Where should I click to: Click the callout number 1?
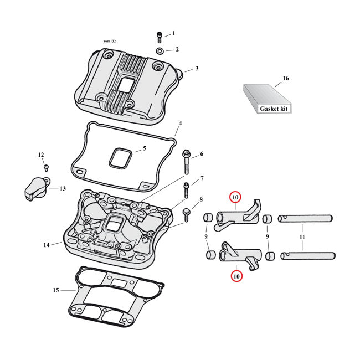coord(173,33)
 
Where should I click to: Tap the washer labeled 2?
coord(160,51)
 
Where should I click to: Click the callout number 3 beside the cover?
coord(196,69)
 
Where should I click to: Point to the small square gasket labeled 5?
coord(120,157)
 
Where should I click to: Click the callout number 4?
coord(179,122)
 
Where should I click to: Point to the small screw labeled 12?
coord(46,167)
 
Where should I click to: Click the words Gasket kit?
coord(274,109)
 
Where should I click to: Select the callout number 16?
coord(286,79)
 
